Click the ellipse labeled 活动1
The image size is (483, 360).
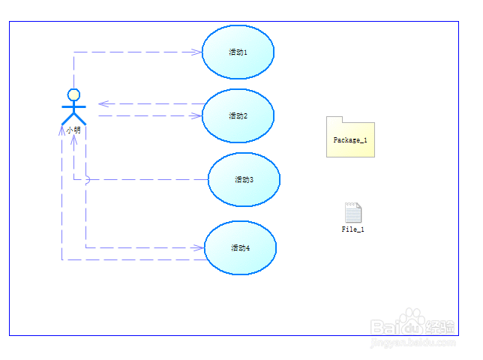[x=238, y=52]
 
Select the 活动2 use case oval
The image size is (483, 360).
[x=238, y=115]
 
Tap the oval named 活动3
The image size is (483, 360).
[x=244, y=179]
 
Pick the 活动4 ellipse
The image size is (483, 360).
[x=240, y=247]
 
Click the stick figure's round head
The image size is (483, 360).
[x=73, y=94]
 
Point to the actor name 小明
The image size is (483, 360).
[x=73, y=130]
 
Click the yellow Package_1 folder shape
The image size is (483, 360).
[x=350, y=139]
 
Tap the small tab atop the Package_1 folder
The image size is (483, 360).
[x=334, y=119]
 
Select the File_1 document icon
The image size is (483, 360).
[x=352, y=213]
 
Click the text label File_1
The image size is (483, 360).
[x=352, y=229]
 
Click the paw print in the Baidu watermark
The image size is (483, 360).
[x=412, y=321]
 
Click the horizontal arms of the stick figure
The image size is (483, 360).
[x=73, y=107]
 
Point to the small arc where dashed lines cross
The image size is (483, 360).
[x=86, y=179]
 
